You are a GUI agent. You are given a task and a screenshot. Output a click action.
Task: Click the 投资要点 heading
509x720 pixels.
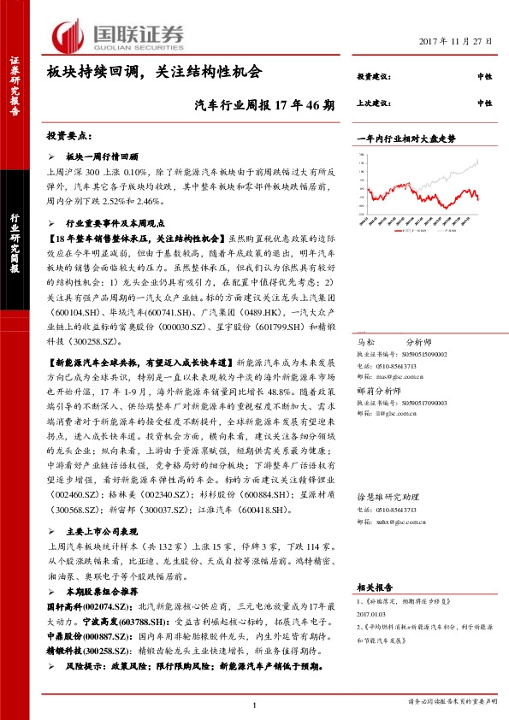68,137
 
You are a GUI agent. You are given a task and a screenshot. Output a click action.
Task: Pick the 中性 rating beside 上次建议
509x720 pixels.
484,103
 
